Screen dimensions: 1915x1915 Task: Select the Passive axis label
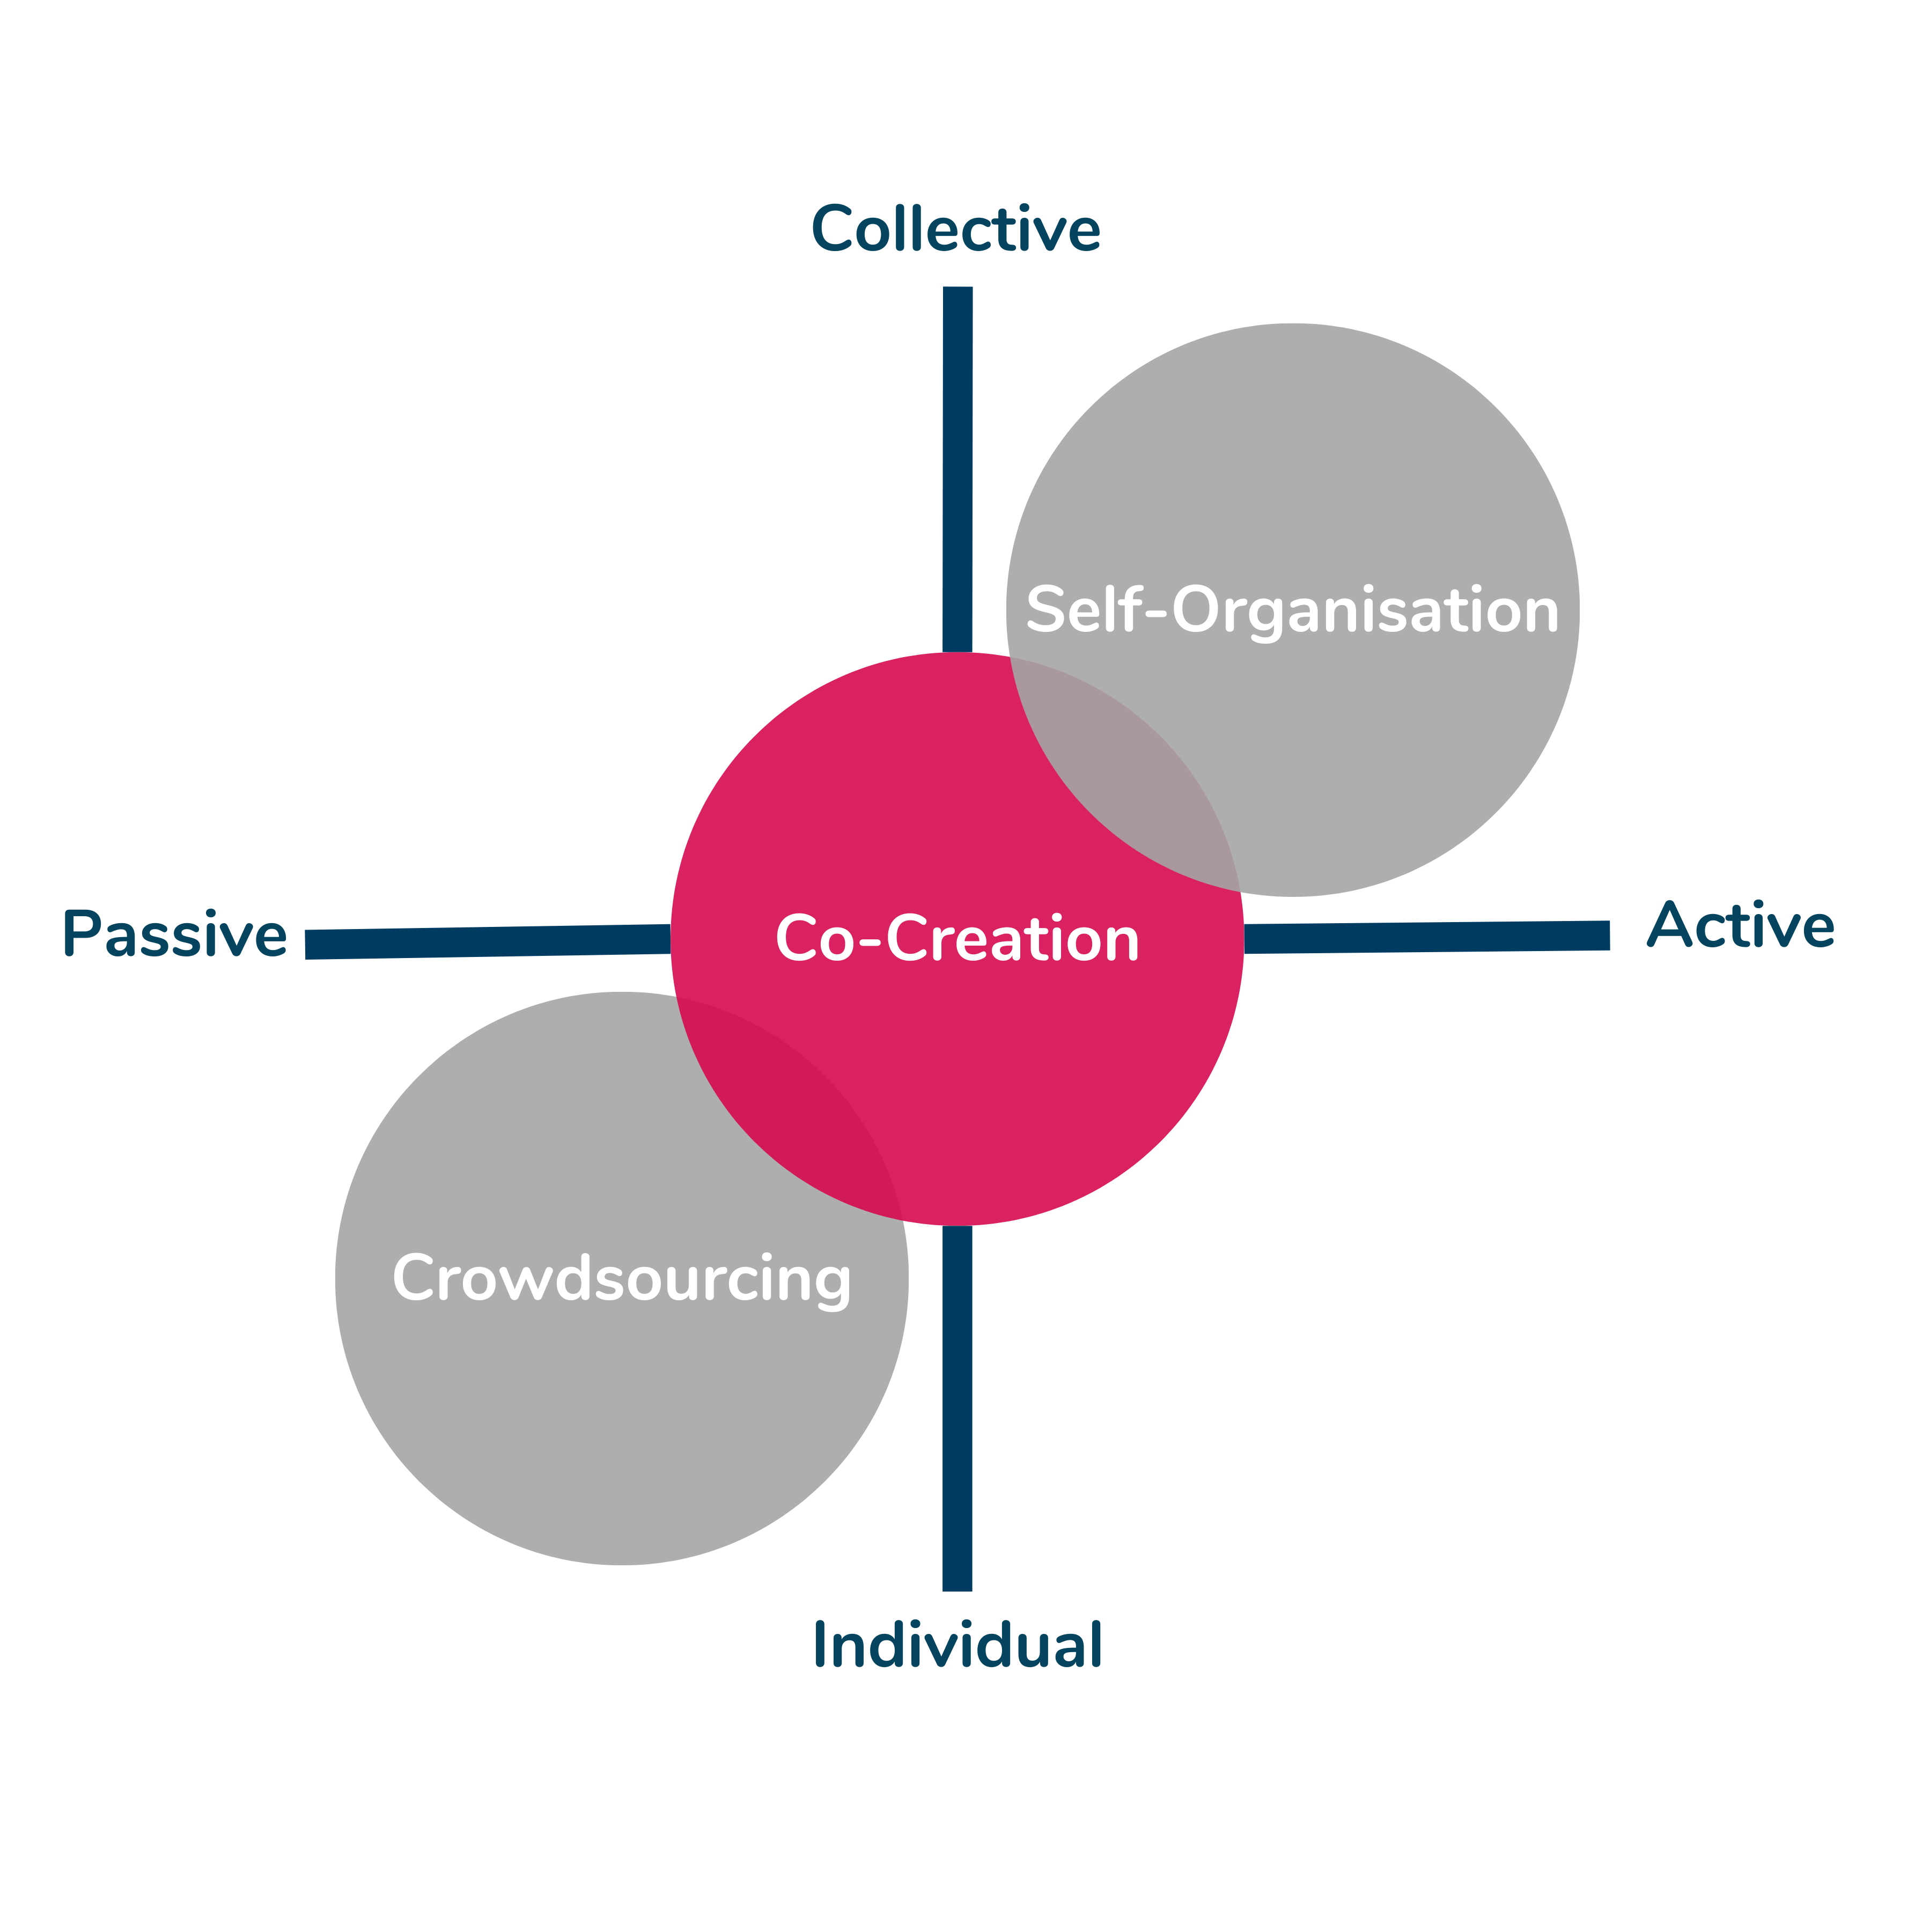tap(174, 934)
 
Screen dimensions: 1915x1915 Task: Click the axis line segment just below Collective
tap(957, 466)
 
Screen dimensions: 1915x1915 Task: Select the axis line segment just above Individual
tap(956, 1408)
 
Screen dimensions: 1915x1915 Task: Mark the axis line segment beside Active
tap(1427, 937)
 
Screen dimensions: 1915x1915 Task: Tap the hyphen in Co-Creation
tap(870, 941)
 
